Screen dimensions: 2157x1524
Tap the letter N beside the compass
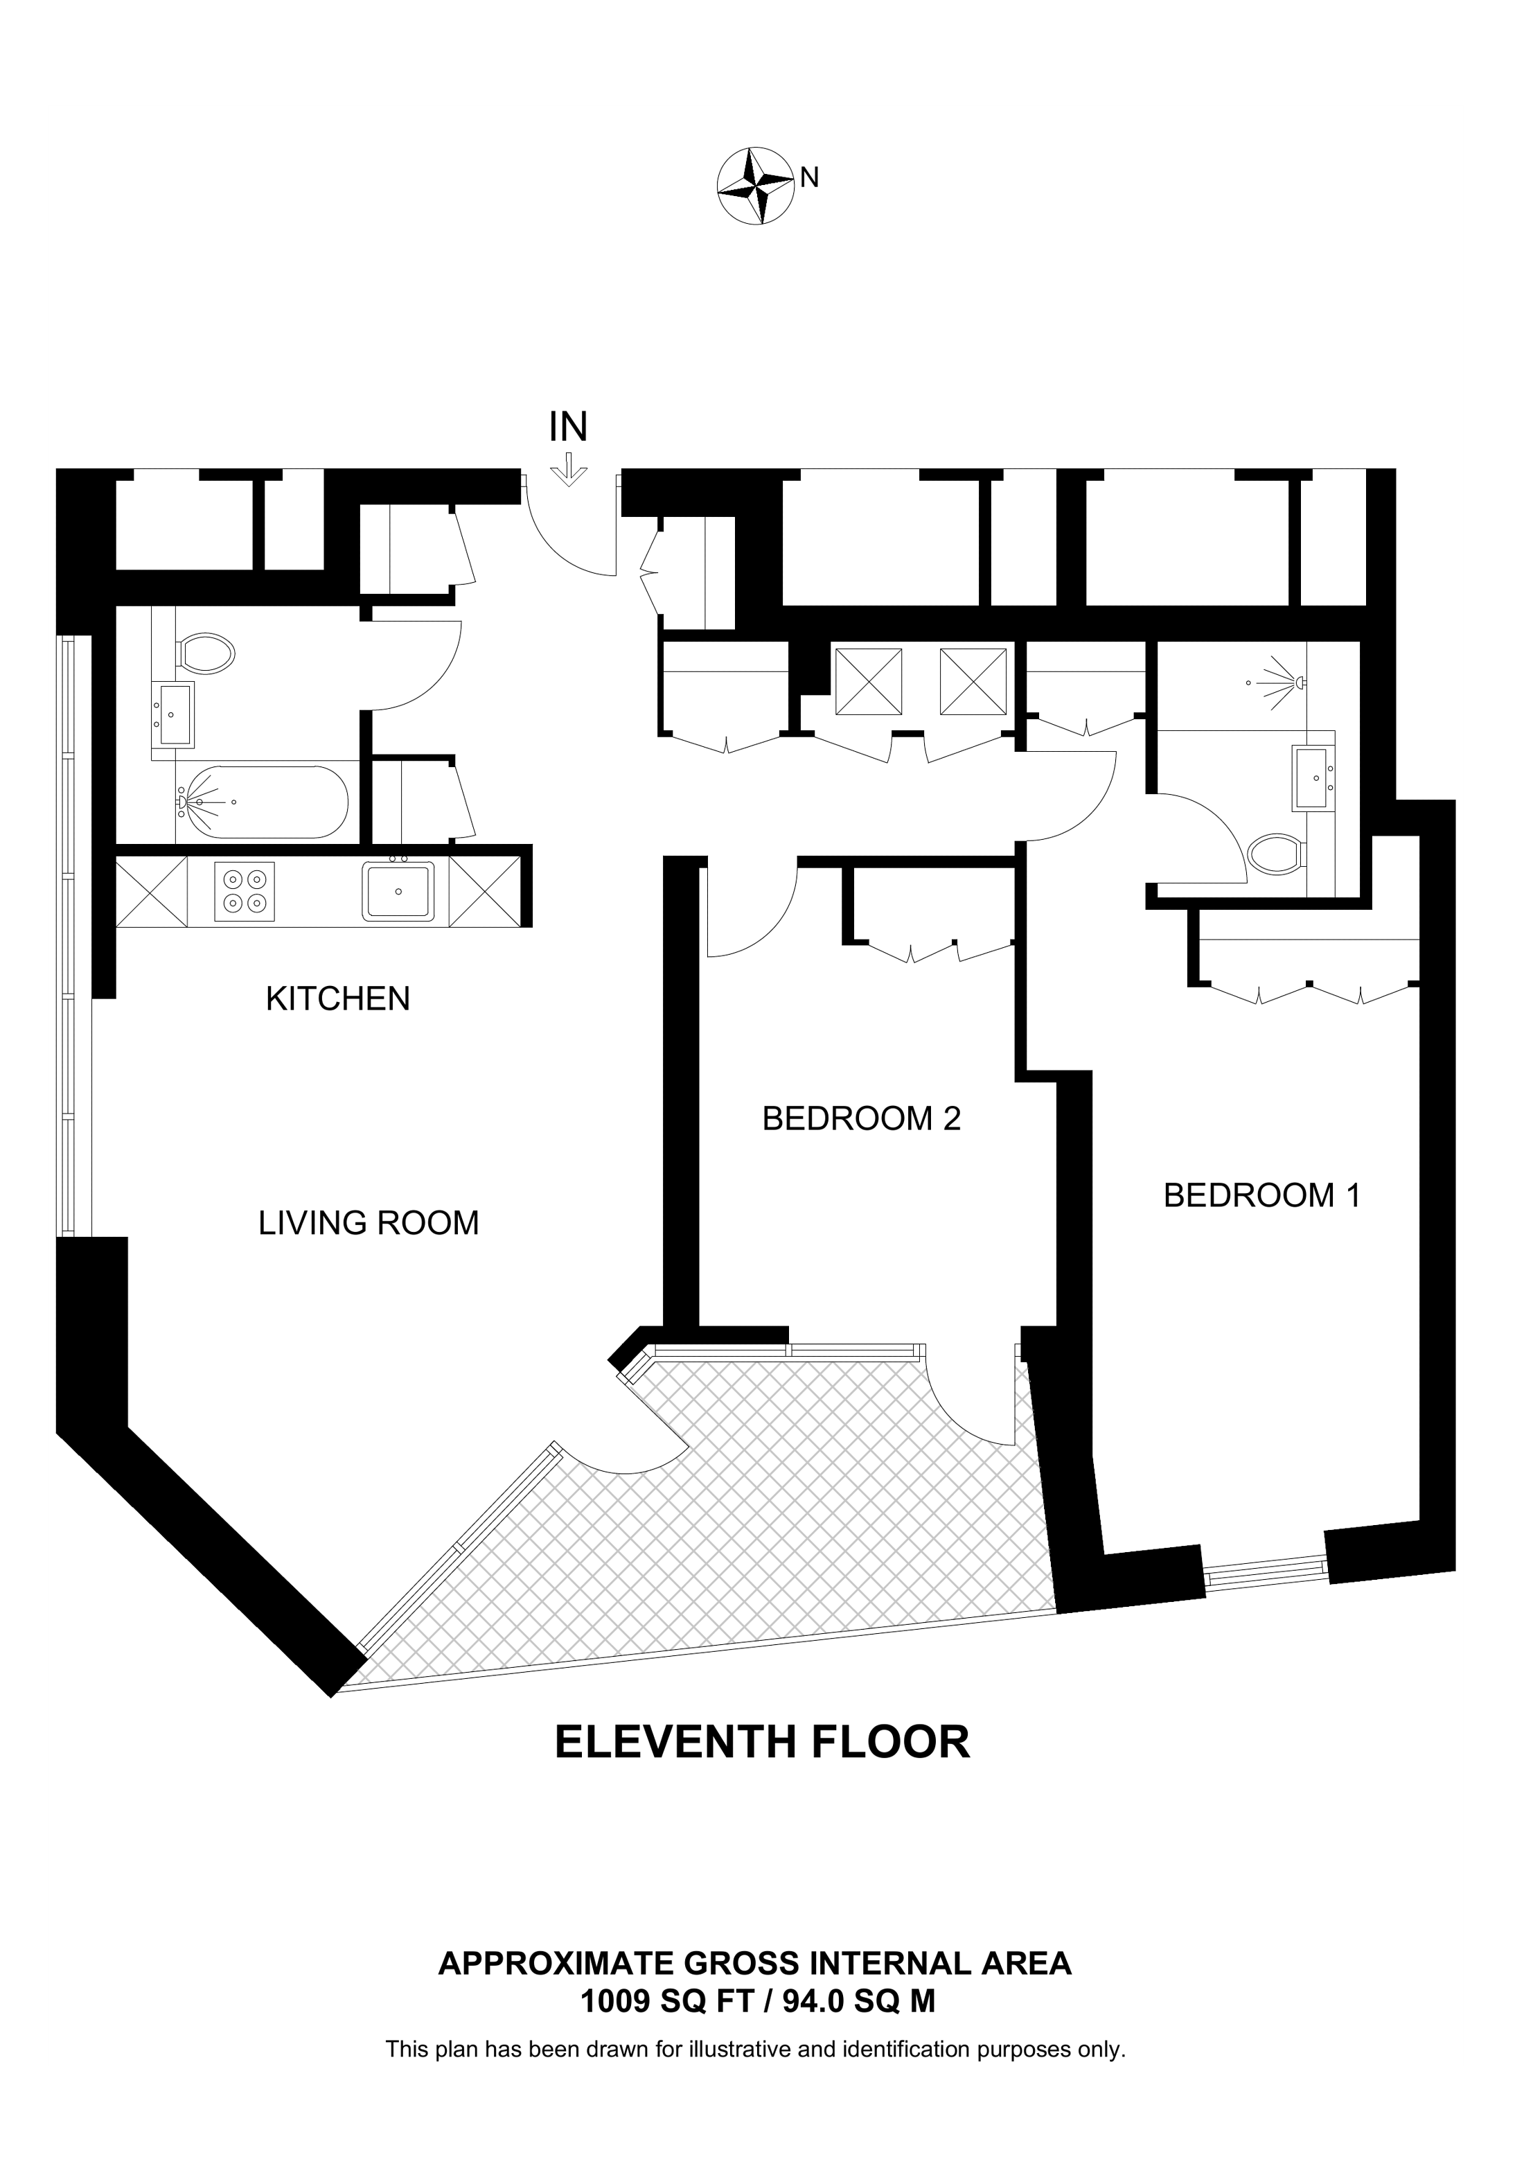point(809,177)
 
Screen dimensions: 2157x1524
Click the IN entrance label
point(568,428)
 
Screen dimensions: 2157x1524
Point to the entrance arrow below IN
point(568,470)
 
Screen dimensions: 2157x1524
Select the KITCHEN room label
point(338,998)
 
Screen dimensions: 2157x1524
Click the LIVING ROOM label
point(368,1223)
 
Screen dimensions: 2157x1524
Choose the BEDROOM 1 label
point(1261,1196)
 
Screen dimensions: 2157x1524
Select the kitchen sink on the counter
point(399,890)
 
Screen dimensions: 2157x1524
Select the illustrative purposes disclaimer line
point(755,2049)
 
